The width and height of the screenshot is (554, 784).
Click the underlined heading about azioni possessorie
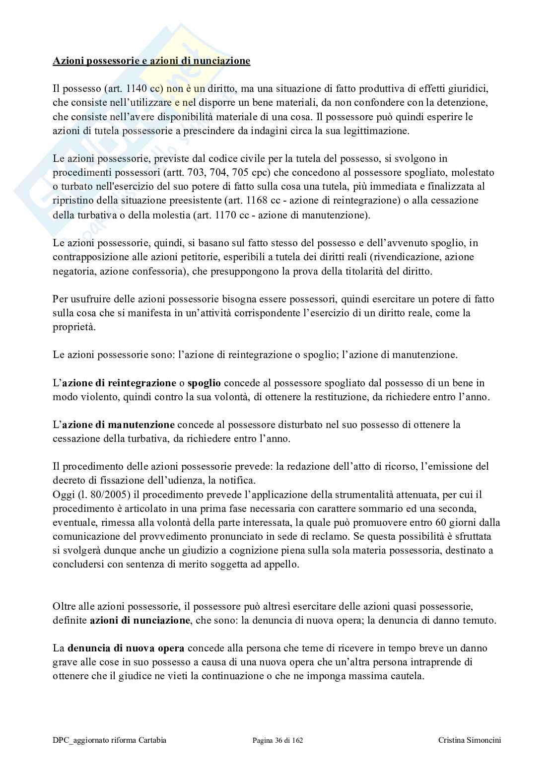point(151,61)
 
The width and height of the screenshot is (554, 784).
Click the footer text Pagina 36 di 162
point(277,740)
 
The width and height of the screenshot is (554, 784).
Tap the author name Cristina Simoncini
point(470,740)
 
